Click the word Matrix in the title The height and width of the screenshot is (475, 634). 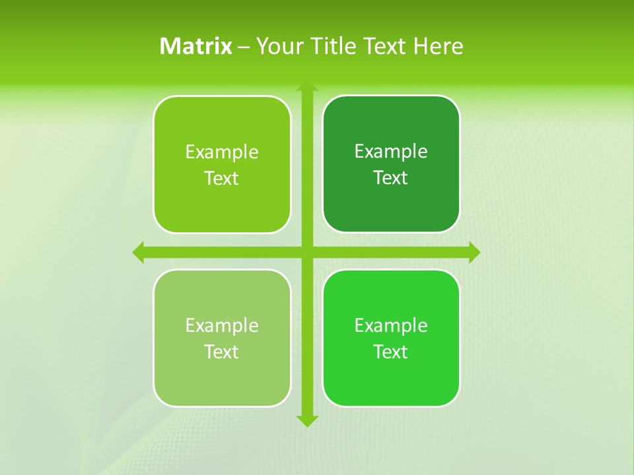[196, 46]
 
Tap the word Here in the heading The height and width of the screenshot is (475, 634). [438, 46]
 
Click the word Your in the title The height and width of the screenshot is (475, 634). [276, 46]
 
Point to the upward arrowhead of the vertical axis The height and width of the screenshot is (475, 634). [307, 86]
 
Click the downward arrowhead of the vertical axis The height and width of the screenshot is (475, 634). [307, 421]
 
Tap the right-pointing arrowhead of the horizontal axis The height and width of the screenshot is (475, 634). [474, 252]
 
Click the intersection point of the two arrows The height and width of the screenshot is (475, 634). [307, 252]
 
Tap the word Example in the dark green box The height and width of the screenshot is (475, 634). [391, 152]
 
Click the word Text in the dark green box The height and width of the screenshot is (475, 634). [391, 178]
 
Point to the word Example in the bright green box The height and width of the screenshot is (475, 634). [391, 325]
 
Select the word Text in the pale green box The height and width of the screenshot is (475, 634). [222, 352]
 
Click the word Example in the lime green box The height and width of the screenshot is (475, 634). [222, 152]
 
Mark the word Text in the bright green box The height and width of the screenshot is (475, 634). [391, 352]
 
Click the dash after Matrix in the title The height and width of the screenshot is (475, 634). [244, 47]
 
